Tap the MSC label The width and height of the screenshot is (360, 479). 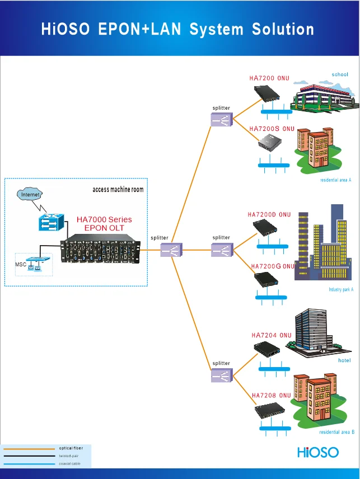point(20,264)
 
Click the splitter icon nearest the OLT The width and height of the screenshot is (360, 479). point(168,250)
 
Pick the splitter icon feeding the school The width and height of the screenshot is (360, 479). point(221,120)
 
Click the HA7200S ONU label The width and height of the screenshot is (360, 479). point(272,129)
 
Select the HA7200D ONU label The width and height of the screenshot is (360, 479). point(269,214)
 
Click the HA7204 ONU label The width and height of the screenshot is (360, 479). point(272,335)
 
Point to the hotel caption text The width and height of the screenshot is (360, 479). point(344,360)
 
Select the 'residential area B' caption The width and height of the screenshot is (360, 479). point(337,432)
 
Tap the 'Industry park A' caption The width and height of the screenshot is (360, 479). point(341,290)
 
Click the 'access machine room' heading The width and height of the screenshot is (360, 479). point(118,190)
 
